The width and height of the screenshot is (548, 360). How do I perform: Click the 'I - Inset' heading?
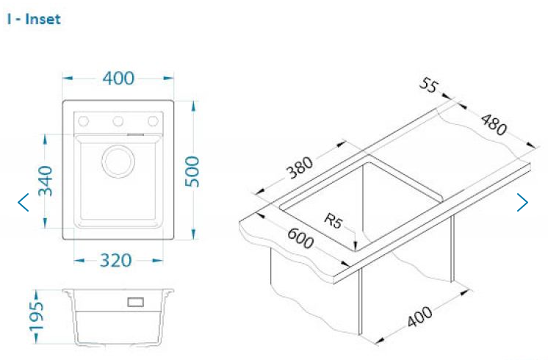click(34, 19)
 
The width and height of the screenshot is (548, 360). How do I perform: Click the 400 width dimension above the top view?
click(118, 78)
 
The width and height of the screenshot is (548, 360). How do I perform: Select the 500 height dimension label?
click(192, 172)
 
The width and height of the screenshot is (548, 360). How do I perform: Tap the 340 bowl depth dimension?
click(45, 181)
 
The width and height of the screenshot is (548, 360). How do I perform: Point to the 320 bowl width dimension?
click(115, 260)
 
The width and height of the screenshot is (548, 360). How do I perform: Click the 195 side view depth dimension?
click(36, 316)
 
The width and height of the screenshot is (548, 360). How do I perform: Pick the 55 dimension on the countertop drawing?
click(428, 85)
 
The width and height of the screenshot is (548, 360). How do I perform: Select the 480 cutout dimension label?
click(494, 124)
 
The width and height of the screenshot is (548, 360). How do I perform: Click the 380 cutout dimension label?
click(300, 167)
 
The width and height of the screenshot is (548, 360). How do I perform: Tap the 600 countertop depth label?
click(300, 237)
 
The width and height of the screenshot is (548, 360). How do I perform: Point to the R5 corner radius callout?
click(334, 220)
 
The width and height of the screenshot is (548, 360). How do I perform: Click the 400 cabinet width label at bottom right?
click(420, 317)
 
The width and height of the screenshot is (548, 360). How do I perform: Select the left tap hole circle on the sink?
click(84, 121)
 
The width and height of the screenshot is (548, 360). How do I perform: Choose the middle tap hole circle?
click(118, 121)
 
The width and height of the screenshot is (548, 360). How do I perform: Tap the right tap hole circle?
click(153, 121)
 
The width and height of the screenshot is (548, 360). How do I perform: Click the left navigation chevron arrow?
click(23, 202)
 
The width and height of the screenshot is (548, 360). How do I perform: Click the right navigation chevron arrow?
click(522, 202)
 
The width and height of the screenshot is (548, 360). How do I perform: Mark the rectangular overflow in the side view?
click(136, 302)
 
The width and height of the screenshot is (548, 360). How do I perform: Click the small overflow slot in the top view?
click(136, 134)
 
